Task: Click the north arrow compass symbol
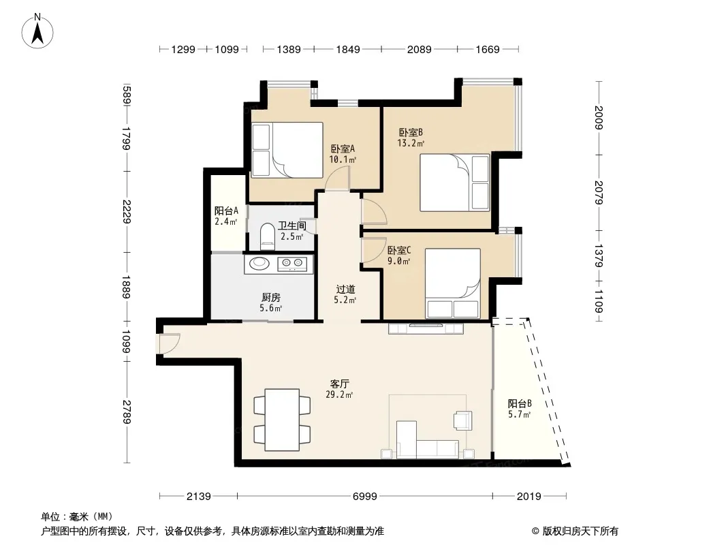(x=37, y=31)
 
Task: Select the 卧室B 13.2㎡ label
(x=411, y=138)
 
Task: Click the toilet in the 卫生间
(x=267, y=234)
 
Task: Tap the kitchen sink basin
(x=259, y=264)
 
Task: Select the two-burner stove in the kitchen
(x=292, y=264)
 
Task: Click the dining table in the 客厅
(x=282, y=420)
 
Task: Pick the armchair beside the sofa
(x=462, y=420)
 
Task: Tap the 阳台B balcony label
(x=520, y=409)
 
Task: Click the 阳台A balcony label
(x=226, y=216)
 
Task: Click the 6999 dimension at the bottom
(x=365, y=497)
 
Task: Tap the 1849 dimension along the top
(x=348, y=49)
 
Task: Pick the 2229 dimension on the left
(x=127, y=212)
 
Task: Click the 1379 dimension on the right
(x=599, y=255)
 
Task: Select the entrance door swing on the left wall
(x=168, y=343)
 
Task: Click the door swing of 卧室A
(x=338, y=178)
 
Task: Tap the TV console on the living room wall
(x=426, y=328)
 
